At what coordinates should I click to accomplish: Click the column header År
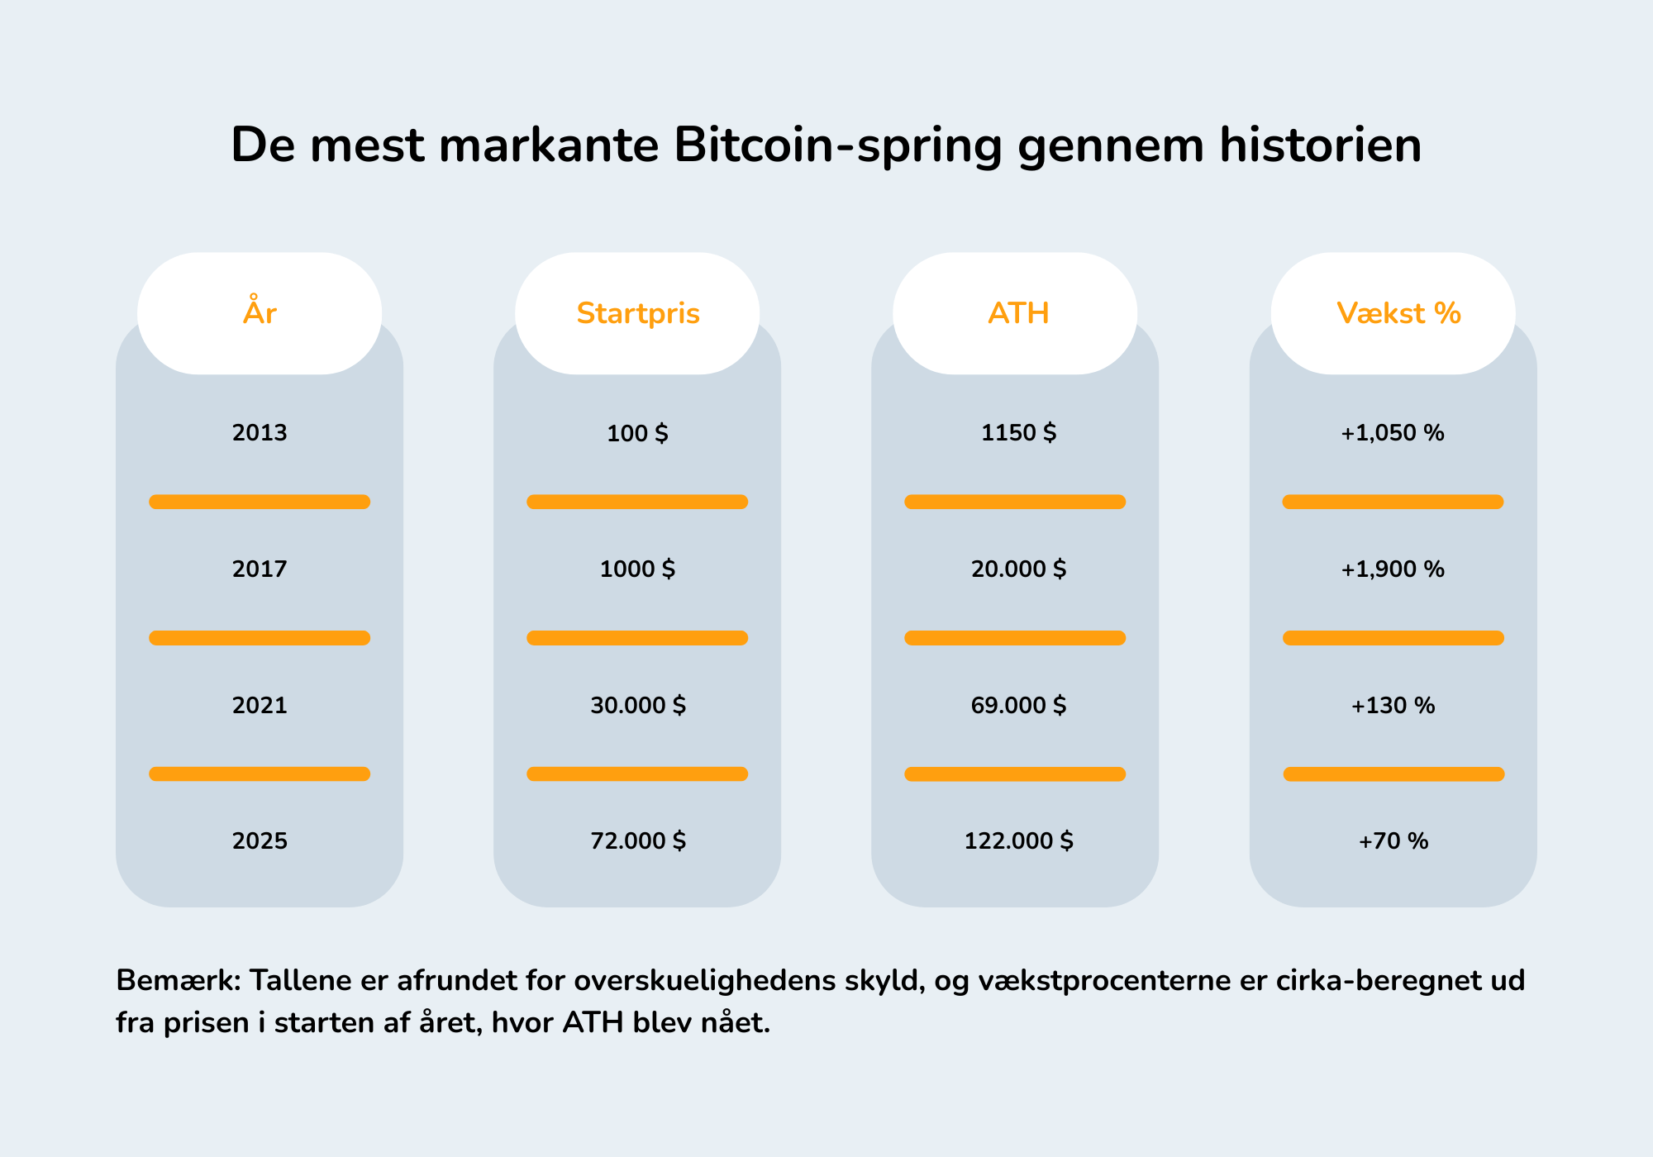pos(260,313)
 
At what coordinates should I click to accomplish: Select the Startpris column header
pos(637,313)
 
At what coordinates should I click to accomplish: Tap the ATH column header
pos(1017,313)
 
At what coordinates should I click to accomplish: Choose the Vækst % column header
pos(1398,313)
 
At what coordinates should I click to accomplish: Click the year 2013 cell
pos(260,432)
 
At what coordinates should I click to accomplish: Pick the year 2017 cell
pos(260,569)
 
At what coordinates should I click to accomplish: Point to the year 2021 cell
pos(260,705)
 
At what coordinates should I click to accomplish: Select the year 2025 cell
pos(260,840)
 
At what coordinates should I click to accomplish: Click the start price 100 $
pos(637,432)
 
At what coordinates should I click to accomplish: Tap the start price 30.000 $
pos(637,705)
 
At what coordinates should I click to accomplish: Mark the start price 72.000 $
pos(637,840)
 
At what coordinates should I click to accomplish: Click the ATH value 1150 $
pos(1018,432)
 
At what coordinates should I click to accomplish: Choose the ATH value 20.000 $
pos(1018,569)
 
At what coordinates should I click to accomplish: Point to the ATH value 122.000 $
pos(1018,840)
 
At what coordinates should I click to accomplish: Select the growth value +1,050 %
pos(1393,432)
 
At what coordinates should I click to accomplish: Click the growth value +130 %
pos(1393,705)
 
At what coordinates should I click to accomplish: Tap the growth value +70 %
pos(1393,840)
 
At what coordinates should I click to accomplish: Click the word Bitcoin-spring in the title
pos(838,145)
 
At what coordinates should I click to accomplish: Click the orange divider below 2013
pos(260,502)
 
